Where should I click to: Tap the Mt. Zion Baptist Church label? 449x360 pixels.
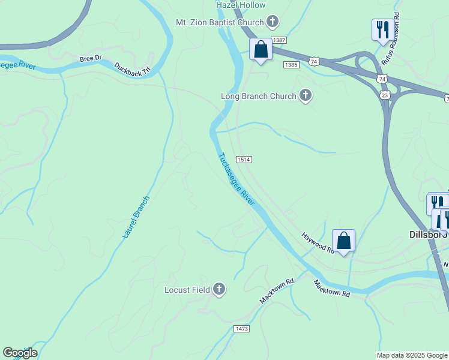220,23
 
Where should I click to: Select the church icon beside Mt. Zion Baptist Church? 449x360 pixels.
273,23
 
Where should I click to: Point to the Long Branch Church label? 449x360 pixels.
259,96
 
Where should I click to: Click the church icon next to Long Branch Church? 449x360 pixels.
306,95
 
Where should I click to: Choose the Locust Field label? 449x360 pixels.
187,290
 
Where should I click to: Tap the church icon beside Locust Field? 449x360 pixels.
219,290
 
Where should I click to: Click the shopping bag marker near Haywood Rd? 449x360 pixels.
343,241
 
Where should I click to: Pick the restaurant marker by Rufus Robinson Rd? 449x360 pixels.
382,29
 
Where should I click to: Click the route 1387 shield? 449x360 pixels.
279,40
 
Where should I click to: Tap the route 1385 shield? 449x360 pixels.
291,65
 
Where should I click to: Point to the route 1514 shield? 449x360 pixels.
243,159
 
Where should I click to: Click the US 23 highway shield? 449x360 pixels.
385,95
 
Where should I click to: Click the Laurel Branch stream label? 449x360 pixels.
135,217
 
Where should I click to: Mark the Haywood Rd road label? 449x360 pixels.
318,242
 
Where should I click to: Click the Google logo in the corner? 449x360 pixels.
20,353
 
